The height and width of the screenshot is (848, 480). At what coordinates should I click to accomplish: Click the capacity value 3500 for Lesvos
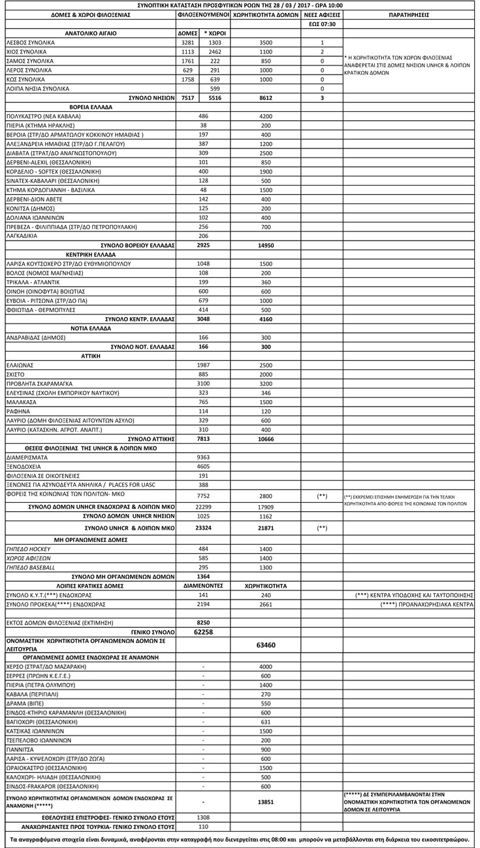266,42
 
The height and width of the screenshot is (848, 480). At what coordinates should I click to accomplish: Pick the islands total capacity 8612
266,97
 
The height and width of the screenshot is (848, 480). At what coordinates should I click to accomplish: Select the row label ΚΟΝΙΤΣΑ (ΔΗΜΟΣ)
29,208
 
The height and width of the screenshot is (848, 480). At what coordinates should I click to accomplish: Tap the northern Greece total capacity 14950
266,245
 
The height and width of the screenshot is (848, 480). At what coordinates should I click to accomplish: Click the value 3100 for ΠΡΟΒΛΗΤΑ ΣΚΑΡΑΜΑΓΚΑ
203,383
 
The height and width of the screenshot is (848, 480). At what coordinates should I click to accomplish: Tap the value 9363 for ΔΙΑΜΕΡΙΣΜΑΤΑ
203,458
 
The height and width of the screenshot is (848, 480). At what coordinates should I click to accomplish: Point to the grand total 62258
203,632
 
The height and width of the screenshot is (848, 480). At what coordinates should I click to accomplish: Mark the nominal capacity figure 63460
266,645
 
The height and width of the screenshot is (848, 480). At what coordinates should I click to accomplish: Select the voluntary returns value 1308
203,817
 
